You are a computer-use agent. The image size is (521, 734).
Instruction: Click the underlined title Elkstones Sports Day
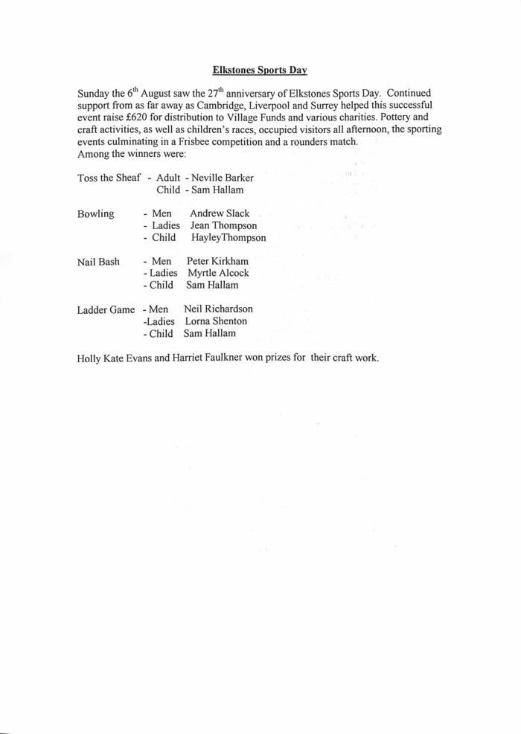click(260, 71)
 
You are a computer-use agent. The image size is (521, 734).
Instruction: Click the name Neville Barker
click(223, 178)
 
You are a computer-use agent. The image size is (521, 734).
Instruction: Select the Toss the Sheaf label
click(109, 178)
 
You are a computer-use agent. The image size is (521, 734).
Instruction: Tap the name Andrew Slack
click(220, 213)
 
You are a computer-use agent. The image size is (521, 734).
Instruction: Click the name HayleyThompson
click(228, 237)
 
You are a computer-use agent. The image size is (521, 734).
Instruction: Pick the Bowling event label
click(96, 213)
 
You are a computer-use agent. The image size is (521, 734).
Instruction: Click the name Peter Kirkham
click(217, 261)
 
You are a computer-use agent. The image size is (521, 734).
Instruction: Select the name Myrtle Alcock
click(218, 273)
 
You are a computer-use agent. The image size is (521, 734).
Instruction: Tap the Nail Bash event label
click(99, 262)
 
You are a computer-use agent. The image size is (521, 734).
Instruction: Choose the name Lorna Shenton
click(217, 321)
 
